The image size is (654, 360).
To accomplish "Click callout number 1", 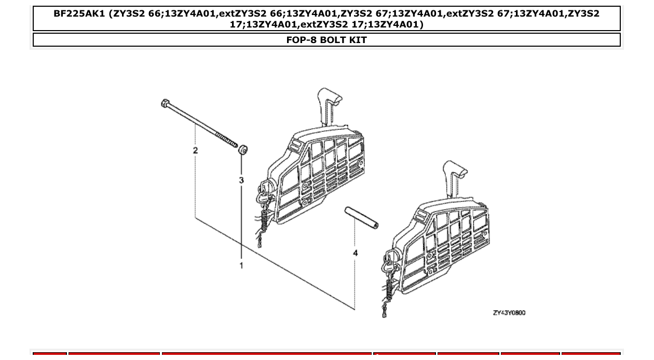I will [241, 266].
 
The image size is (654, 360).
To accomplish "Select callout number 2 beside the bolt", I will [195, 150].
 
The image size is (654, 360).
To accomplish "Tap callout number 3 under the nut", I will [241, 180].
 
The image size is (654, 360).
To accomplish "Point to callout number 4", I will [355, 253].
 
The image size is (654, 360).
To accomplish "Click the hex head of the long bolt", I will [165, 103].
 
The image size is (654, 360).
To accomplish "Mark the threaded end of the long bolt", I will [226, 140].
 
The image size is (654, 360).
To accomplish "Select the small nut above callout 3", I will [243, 150].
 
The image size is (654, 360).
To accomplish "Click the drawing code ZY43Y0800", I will [509, 313].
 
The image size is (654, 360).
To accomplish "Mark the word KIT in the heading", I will [358, 40].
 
